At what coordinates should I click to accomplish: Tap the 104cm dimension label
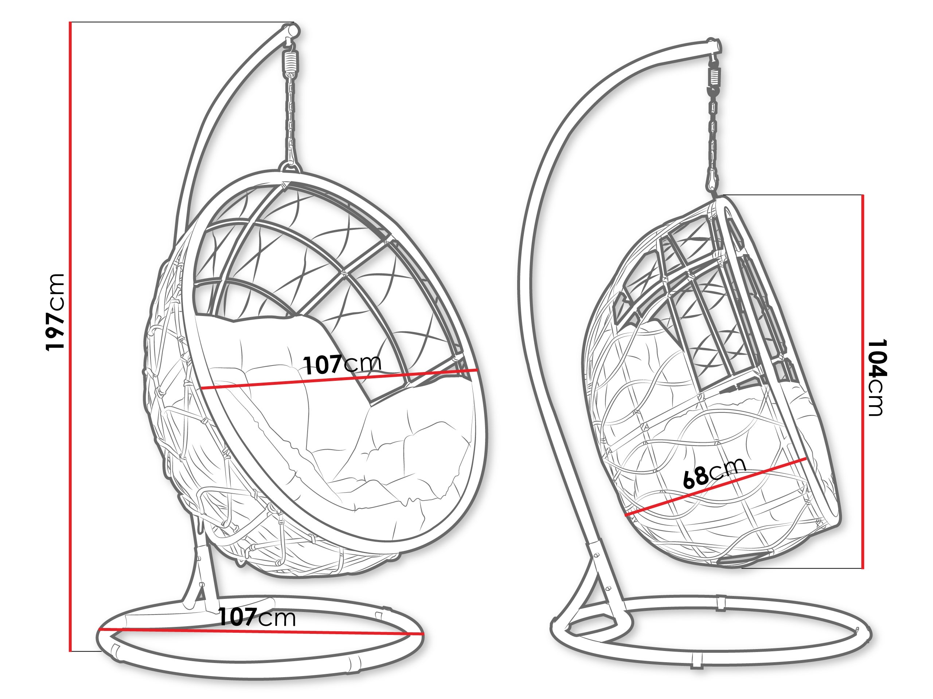tap(879, 378)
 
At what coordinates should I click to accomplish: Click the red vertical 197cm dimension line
tap(70, 336)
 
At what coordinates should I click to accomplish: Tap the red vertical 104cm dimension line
tap(863, 381)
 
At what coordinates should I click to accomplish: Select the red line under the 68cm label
tap(716, 487)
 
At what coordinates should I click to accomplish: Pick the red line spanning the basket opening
tap(339, 379)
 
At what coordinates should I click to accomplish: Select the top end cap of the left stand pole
tap(292, 31)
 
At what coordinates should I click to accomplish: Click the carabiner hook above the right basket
tap(713, 180)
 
